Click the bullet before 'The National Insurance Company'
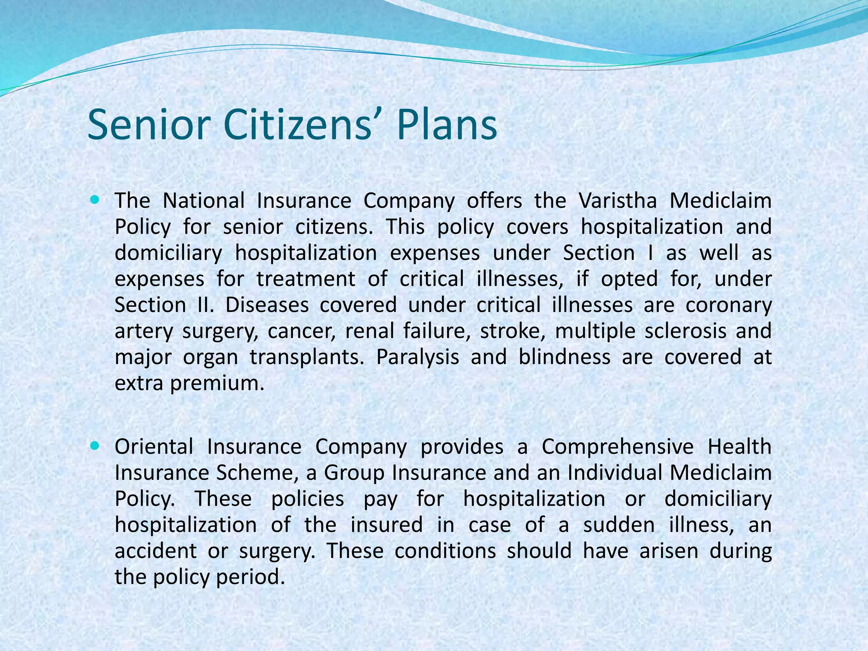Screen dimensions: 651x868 [94, 198]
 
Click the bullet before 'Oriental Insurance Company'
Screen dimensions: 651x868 [94, 446]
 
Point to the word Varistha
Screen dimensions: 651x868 [618, 200]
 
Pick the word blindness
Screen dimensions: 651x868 [565, 357]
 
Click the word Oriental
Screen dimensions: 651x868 [154, 447]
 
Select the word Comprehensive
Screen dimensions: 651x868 [618, 447]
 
